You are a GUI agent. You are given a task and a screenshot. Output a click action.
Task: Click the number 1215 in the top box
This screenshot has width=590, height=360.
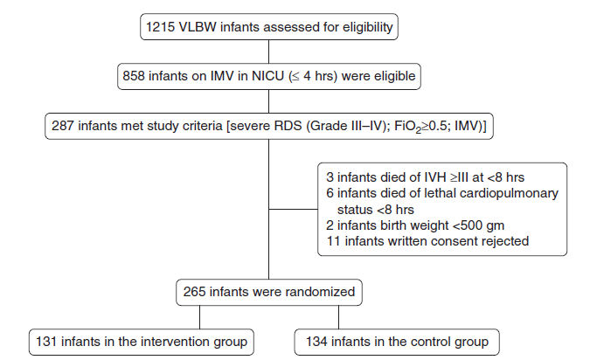tap(160, 27)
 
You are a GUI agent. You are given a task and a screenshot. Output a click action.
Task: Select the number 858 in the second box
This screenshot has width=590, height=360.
tap(134, 76)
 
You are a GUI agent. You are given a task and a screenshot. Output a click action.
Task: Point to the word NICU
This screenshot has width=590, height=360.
tap(267, 76)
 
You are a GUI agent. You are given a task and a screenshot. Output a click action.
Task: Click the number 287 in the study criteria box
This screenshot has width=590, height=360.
tap(62, 126)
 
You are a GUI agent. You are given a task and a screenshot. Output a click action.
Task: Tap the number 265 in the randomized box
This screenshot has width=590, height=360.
tap(194, 292)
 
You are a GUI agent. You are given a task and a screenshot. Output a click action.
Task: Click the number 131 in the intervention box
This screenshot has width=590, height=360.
tap(46, 342)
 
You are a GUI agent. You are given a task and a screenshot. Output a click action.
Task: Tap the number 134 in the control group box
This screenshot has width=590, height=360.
tap(316, 342)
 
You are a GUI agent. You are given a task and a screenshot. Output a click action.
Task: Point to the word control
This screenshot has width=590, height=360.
tap(429, 342)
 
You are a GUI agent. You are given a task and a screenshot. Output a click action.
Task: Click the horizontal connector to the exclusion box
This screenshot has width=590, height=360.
tap(293, 209)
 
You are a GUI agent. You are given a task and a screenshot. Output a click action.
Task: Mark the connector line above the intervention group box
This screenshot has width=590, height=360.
tap(199, 317)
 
